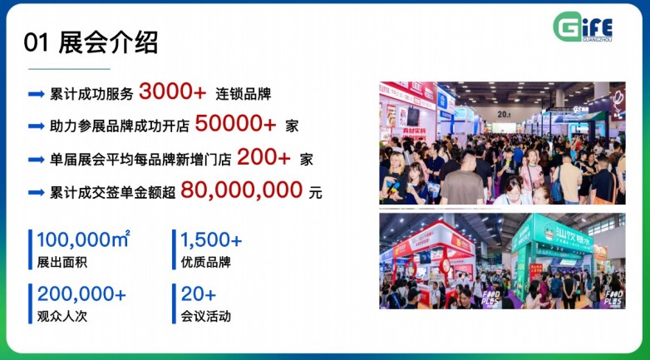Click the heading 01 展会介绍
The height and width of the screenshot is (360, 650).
(x=91, y=42)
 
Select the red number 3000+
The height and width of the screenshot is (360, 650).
(x=173, y=92)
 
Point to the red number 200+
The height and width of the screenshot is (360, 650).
(x=263, y=157)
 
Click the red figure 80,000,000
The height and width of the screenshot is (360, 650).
(x=241, y=190)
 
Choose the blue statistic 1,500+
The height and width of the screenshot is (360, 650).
(x=211, y=240)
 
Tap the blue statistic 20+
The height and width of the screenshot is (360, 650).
(x=198, y=294)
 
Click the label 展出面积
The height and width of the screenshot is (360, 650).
(x=62, y=263)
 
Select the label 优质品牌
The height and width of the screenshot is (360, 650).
(x=205, y=263)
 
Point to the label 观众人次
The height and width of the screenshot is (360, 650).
(x=62, y=316)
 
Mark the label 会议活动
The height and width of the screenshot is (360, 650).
(x=205, y=316)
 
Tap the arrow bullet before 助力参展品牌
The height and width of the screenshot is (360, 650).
(x=36, y=126)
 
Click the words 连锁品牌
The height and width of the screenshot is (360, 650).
(x=244, y=94)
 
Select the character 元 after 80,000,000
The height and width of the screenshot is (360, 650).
(x=315, y=192)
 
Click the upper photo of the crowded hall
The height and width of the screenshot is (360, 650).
(x=502, y=143)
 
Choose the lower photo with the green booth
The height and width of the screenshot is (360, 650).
(x=502, y=261)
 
